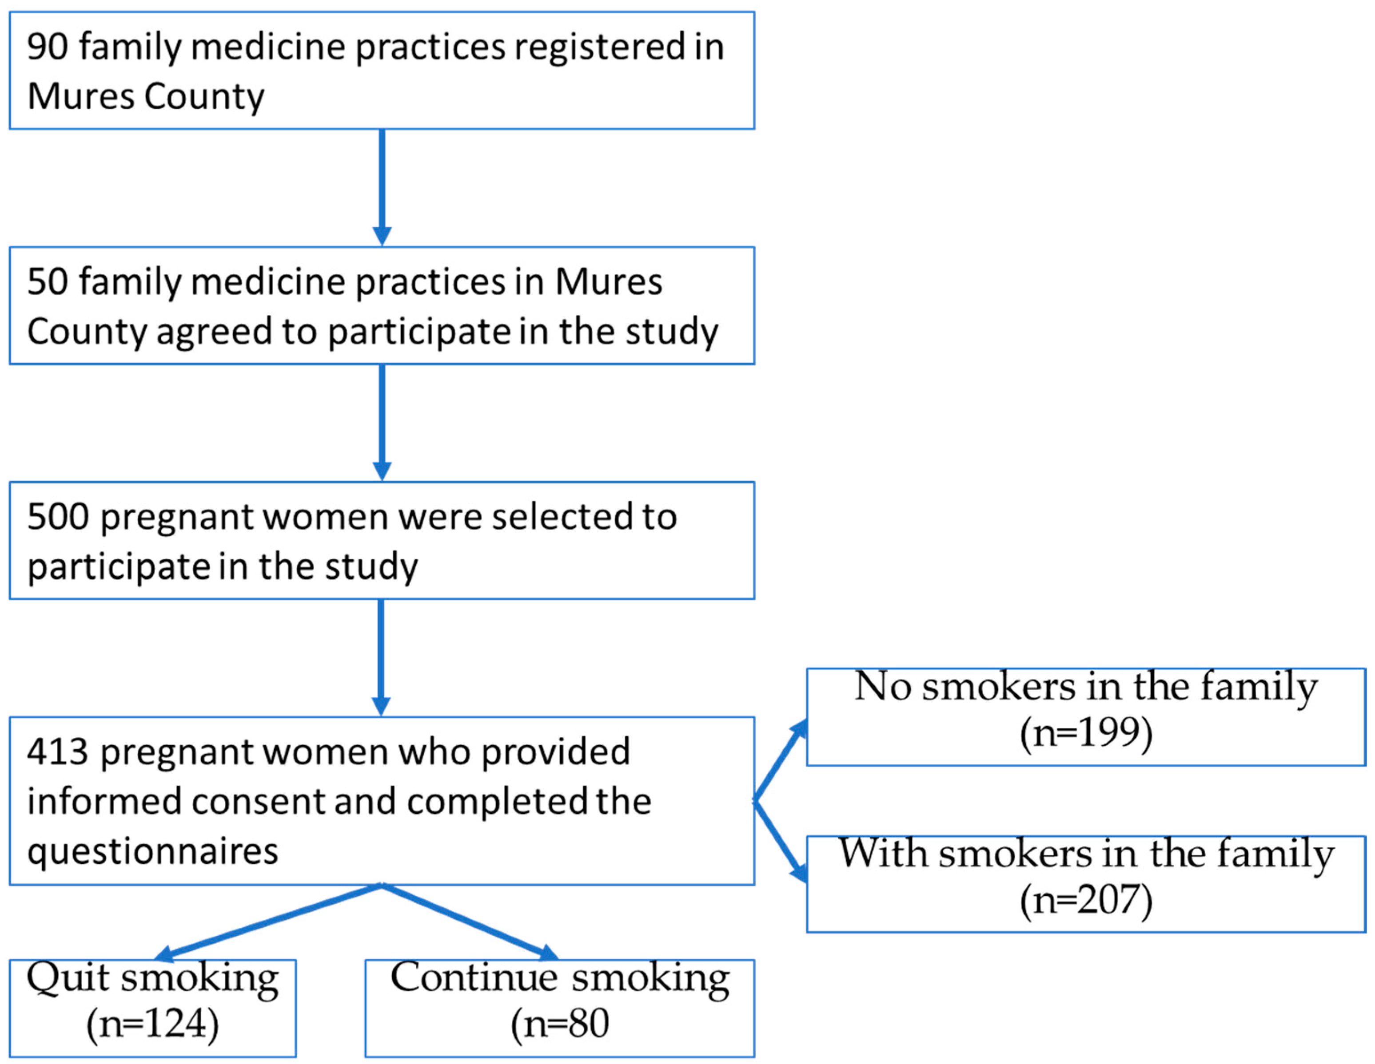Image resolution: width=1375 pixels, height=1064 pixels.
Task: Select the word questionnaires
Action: pos(153,852)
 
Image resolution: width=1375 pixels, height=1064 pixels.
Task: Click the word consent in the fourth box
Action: pos(258,802)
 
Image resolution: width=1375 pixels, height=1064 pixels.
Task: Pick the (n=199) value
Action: pos(1086,733)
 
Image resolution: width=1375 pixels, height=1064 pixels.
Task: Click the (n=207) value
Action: pos(1086,900)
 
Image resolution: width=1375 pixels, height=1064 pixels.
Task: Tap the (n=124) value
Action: pos(153,1024)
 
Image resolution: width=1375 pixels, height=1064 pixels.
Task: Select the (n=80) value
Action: pos(560,1024)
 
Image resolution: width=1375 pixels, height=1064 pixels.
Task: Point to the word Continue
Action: pos(474,978)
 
